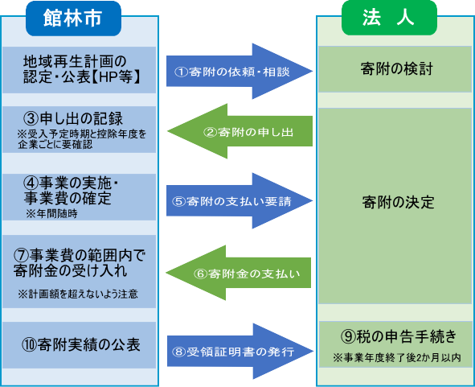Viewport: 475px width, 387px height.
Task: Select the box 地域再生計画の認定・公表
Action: click(80, 69)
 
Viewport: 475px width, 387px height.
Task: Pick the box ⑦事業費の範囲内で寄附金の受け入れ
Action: click(80, 265)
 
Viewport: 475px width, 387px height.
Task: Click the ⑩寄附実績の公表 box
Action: click(80, 344)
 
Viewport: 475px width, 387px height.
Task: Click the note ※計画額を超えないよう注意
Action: click(77, 294)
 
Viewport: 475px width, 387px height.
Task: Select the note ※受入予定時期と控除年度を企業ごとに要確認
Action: click(80, 140)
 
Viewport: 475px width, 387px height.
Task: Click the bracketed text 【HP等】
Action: click(116, 78)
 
